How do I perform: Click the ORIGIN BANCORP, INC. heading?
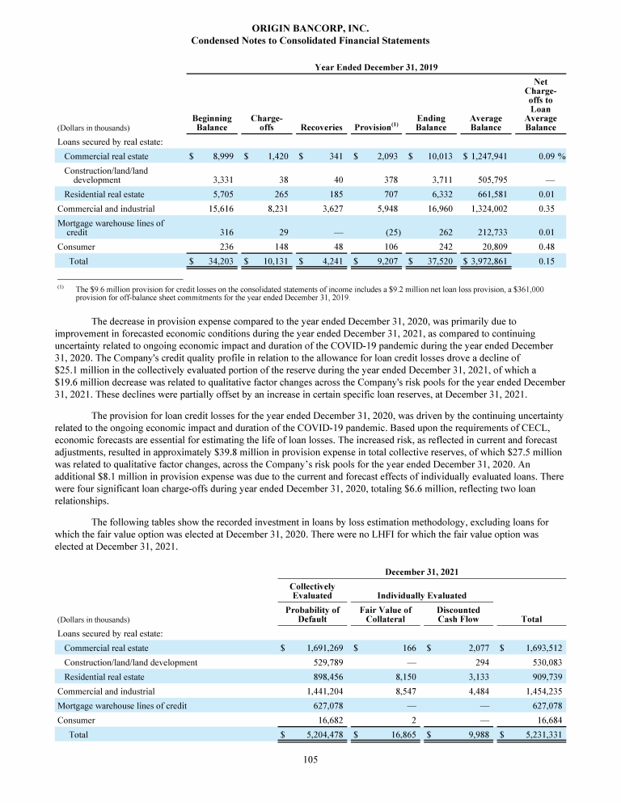(x=310, y=28)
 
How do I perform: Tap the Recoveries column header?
(x=322, y=128)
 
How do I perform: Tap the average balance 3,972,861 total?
(x=487, y=261)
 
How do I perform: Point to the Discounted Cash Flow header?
(x=458, y=615)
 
